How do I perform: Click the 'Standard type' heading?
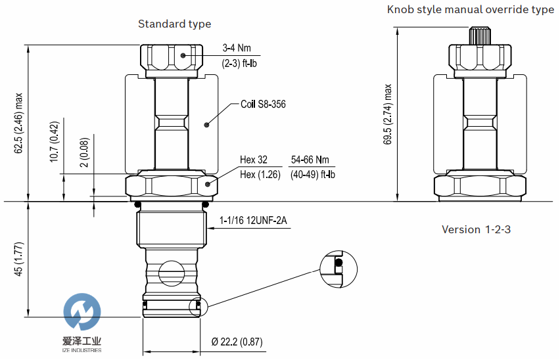tap(174, 24)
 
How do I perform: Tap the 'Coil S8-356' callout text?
tap(263, 104)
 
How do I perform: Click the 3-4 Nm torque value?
tap(237, 48)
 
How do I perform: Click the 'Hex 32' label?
tap(254, 160)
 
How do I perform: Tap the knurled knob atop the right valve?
tap(480, 34)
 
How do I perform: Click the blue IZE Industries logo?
tap(83, 313)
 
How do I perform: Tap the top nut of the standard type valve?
tap(171, 59)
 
